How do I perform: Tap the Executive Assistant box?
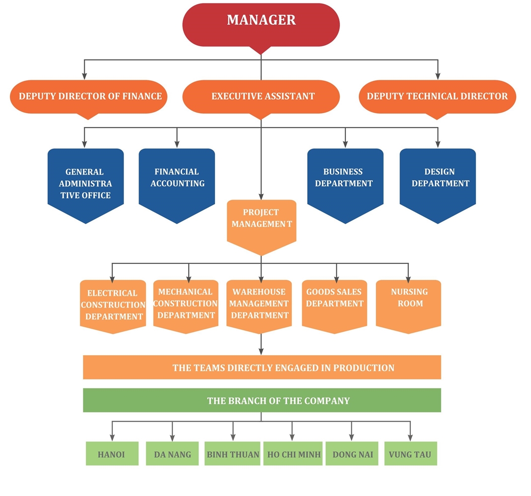click(x=261, y=96)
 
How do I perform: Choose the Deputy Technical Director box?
click(x=437, y=96)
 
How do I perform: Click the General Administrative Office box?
click(x=85, y=183)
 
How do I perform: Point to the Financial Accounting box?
click(x=177, y=179)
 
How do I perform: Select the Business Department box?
click(x=345, y=179)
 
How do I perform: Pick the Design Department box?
click(x=438, y=179)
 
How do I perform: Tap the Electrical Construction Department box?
click(x=113, y=305)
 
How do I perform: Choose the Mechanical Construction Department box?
click(x=186, y=304)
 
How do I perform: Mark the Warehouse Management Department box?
click(x=260, y=304)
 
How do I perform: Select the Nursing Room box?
click(x=408, y=301)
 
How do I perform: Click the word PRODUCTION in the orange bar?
click(x=364, y=368)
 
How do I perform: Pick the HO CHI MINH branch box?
click(x=294, y=454)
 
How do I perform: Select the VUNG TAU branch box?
click(x=410, y=454)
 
